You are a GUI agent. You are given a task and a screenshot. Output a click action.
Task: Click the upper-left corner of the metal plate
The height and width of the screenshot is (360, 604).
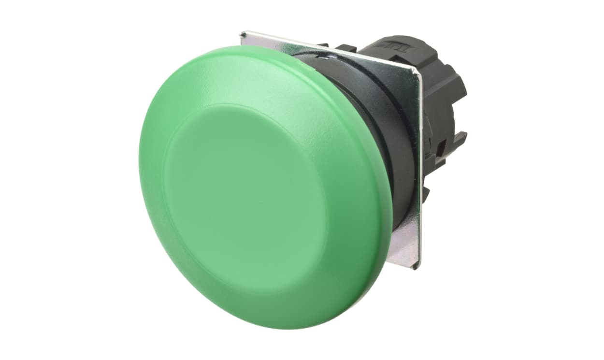241,33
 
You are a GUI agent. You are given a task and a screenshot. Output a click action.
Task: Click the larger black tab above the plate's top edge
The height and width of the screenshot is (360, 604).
346,48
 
